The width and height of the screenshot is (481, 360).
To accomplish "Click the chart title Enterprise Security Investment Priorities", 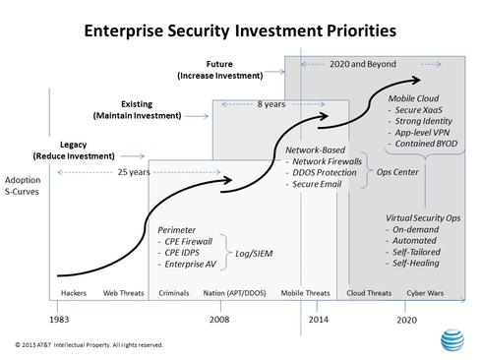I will [x=239, y=30].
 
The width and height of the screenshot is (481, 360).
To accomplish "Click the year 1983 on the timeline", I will [x=59, y=320].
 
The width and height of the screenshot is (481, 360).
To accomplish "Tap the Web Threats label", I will [x=124, y=293].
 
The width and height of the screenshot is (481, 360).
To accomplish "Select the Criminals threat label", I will [x=175, y=293].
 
